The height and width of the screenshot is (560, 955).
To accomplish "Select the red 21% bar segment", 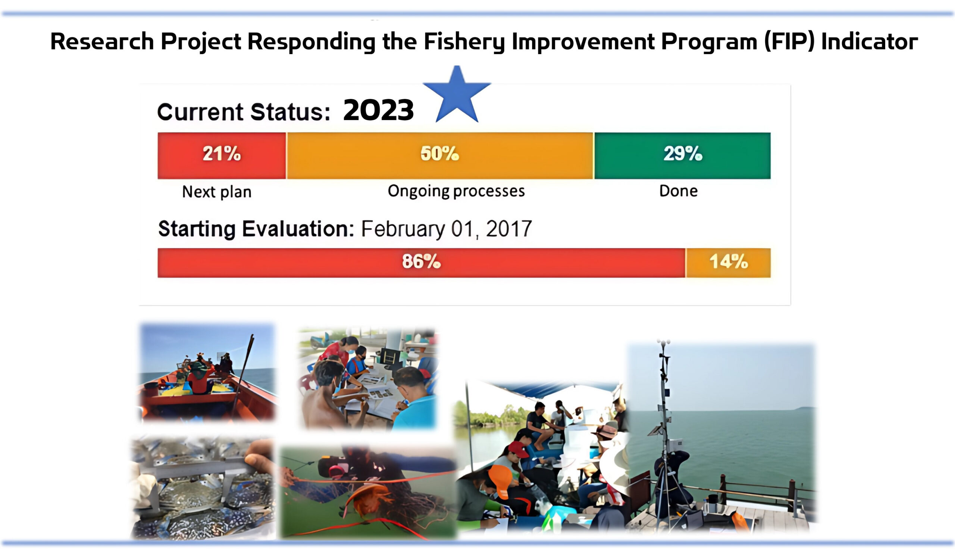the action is coord(222,156).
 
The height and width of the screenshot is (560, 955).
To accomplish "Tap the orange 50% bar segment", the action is coord(439,156).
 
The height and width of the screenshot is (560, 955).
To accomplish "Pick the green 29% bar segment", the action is coord(682,156).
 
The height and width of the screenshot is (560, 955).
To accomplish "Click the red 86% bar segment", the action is coord(421,263).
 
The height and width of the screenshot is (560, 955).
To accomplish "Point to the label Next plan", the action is coord(217,192).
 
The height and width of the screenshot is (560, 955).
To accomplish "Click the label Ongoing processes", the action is coord(456,191).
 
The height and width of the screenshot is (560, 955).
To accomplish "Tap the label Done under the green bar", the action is coord(678,191).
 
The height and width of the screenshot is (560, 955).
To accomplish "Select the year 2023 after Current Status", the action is coord(378,110).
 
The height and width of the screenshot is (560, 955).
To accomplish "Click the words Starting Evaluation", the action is coord(256,229).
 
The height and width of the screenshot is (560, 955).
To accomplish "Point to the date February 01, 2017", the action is coord(447,229).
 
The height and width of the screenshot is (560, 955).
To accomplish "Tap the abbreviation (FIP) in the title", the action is coord(789,41).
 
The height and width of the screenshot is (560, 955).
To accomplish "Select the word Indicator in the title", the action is coord(869,41).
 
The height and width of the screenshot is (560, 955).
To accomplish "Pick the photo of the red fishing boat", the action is coord(207,372).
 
